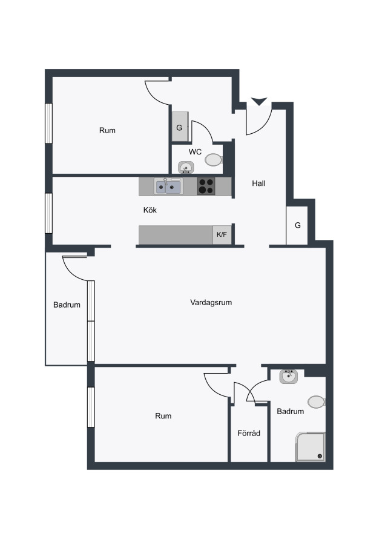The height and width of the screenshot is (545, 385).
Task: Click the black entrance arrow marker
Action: click(259, 101)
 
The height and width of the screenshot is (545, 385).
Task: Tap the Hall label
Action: click(258, 183)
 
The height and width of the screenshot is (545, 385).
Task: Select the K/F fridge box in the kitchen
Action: click(222, 234)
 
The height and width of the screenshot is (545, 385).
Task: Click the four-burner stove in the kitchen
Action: click(206, 186)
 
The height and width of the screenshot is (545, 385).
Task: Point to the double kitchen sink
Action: click(168, 187)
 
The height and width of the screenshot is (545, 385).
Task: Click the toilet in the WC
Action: click(213, 160)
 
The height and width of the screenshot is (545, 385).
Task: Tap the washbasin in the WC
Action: click(186, 167)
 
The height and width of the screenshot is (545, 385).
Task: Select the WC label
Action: click(195, 152)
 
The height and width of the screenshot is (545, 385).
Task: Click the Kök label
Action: click(150, 210)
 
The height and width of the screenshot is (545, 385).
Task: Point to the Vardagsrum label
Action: click(211, 302)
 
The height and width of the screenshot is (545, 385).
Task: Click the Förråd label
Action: click(249, 433)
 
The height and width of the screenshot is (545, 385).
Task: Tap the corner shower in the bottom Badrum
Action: click(311, 447)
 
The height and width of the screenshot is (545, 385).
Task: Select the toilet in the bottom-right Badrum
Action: click(316, 402)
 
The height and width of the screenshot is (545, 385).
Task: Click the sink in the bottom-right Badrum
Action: click(288, 377)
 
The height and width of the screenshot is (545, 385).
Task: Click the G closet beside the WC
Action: click(180, 127)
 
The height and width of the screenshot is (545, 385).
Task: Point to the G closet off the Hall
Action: click(297, 225)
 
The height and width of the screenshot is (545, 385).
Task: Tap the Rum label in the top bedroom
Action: click(107, 130)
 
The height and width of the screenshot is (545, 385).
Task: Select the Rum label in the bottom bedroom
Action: click(163, 415)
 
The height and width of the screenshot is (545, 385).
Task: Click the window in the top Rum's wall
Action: click(48, 123)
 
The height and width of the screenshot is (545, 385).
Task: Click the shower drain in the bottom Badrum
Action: click(320, 456)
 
